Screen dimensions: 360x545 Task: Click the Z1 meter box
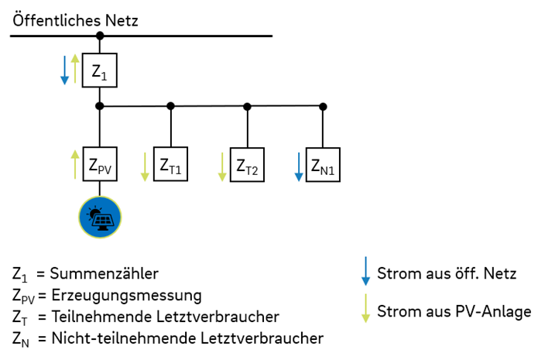[99, 70]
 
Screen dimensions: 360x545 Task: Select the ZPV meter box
[99, 164]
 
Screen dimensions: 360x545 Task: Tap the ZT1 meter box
[170, 165]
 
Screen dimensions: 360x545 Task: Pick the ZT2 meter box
[247, 165]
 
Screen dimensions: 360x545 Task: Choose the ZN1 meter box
[323, 165]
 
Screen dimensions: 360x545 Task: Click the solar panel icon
[99, 216]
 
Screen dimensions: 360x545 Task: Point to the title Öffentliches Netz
[75, 20]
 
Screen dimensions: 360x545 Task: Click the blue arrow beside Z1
[65, 70]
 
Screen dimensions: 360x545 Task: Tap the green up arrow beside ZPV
[75, 164]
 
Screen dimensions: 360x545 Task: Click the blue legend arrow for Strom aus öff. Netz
[365, 273]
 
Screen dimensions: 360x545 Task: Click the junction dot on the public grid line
[99, 36]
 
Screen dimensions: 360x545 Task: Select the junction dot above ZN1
[323, 106]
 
